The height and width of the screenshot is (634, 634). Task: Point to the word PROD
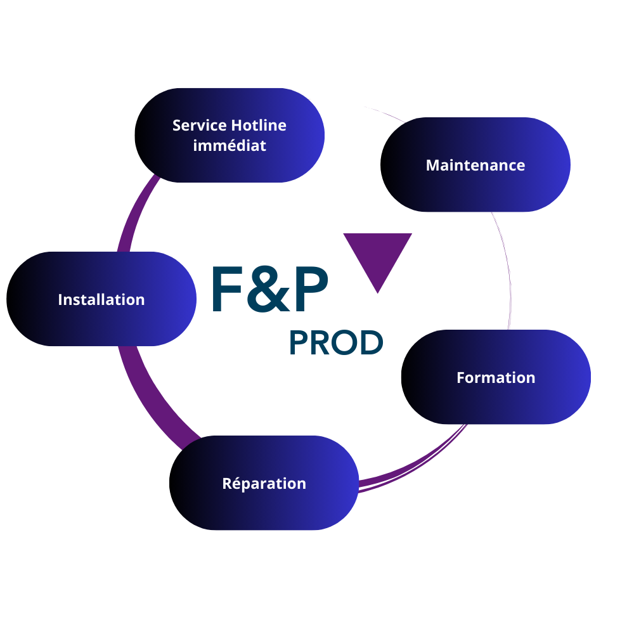click(336, 343)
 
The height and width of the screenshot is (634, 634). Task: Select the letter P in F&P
click(309, 289)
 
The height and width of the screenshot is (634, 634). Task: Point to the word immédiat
click(230, 145)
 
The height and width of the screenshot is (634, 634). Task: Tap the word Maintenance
click(475, 165)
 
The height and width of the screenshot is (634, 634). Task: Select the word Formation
click(496, 378)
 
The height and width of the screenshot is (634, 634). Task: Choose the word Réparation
click(264, 484)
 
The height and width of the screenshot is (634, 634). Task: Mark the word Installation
click(101, 299)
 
